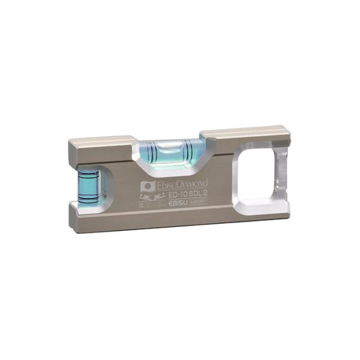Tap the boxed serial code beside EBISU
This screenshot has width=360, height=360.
197,202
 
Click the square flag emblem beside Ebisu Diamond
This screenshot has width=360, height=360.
148,187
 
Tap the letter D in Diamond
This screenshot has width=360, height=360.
184,182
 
